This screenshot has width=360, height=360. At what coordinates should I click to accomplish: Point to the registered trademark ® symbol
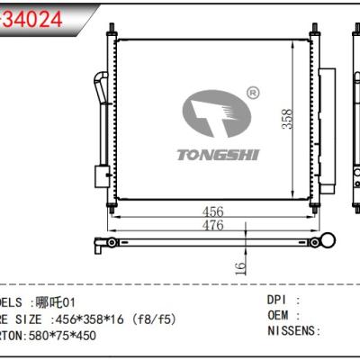pyautogui.click(x=252, y=93)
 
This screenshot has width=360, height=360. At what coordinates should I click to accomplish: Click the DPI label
pyautogui.click(x=279, y=298)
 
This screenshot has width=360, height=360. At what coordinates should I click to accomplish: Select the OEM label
pyautogui.click(x=279, y=314)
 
